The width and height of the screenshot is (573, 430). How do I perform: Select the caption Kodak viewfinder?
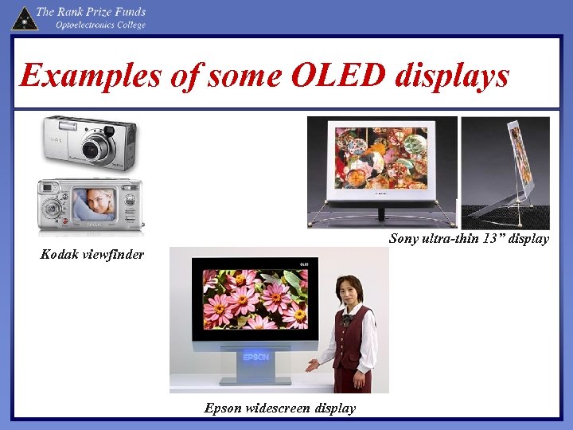pyautogui.click(x=92, y=255)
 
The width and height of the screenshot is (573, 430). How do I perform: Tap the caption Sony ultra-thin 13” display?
pyautogui.click(x=469, y=239)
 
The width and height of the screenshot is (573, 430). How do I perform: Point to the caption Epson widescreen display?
pyautogui.click(x=280, y=408)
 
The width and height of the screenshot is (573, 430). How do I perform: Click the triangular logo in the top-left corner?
pyautogui.click(x=24, y=18)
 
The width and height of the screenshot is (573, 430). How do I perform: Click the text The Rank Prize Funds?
pyautogui.click(x=91, y=12)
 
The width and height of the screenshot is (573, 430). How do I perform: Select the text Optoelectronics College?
pyautogui.click(x=100, y=25)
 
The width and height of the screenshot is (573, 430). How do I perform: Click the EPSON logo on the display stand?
pyautogui.click(x=256, y=357)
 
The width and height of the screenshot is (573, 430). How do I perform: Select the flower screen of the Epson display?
pyautogui.click(x=254, y=299)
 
